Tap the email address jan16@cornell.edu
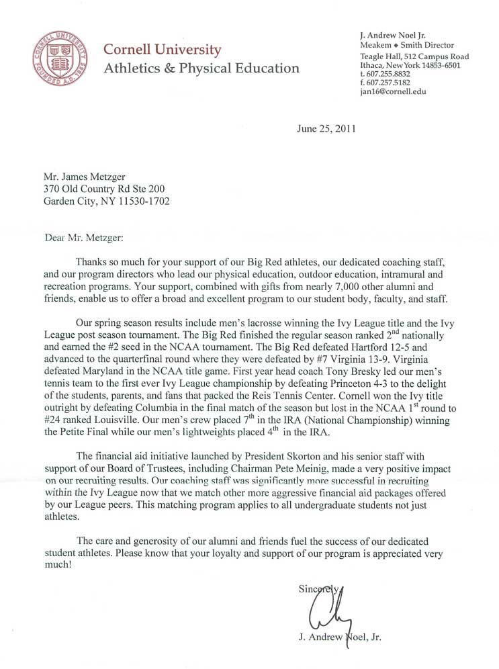click(x=393, y=91)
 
